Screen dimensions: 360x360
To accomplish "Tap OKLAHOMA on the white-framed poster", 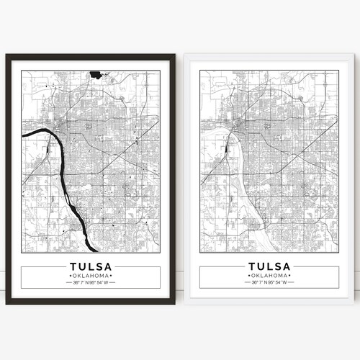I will coord(269,276).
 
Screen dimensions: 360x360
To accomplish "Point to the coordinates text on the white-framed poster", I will coord(269,283).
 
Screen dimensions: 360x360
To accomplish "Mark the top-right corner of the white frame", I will coord(354,53).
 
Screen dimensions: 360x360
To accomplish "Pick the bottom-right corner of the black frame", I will coord(176,308).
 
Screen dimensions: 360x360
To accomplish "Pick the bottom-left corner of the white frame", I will coord(183,310).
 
